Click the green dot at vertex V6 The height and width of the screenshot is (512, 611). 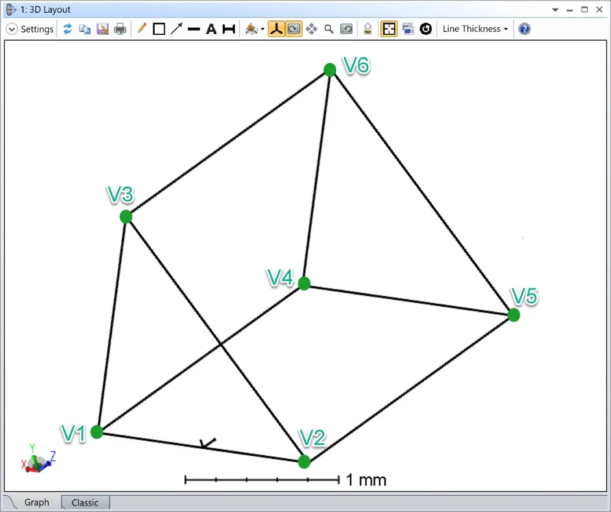pos(330,70)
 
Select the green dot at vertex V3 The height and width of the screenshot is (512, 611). pos(126,217)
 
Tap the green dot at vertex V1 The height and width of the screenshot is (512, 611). pos(97,432)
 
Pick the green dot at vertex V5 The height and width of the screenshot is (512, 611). pos(514,315)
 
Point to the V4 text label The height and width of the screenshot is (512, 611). pos(280,278)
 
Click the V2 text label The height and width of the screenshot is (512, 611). pos(312,438)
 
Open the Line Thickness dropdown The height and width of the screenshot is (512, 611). pos(475,29)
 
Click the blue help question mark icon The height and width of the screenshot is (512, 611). pos(525,29)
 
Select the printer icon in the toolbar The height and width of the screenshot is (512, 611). pos(120,29)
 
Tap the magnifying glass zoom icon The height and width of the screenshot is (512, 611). pos(329,29)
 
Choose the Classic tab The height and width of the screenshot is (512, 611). pos(85,503)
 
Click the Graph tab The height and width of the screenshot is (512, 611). pos(37,502)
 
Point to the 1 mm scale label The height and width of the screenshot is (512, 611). pos(366,480)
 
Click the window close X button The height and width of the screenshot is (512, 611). pos(599,10)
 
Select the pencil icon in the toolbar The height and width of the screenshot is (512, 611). pos(141,28)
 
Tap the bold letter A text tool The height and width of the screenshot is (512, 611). pos(211,29)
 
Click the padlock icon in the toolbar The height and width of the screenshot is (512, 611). pos(368,29)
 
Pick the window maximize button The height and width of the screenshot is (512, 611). pos(584,10)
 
